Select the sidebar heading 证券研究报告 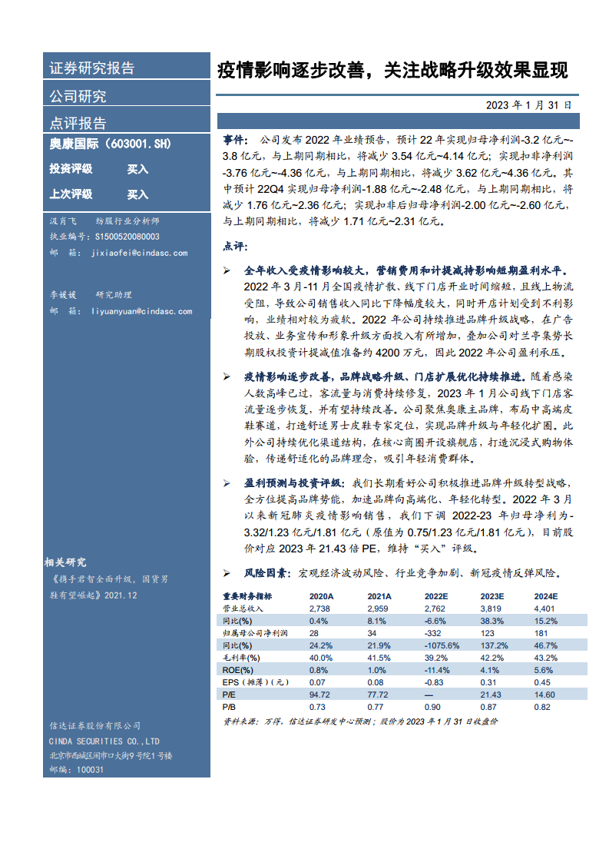pos(92,68)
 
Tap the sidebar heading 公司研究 pos(78,96)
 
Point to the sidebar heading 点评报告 pos(78,123)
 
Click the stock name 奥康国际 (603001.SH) pos(110,144)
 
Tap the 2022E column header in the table pos(435,595)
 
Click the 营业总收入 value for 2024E pos(544,608)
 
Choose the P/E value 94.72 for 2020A pos(319,694)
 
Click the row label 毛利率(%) pos(241,657)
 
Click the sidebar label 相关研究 pos(65,562)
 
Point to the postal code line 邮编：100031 pos(76,769)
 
